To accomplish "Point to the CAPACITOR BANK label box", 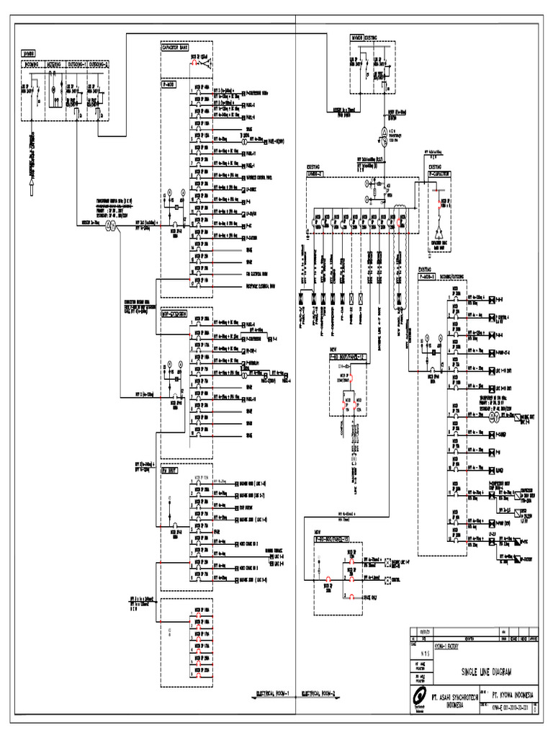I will click(x=175, y=48).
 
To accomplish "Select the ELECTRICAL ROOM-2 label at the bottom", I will click(x=323, y=694).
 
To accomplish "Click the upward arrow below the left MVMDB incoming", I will click(x=31, y=189).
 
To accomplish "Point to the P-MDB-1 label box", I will click(x=429, y=275).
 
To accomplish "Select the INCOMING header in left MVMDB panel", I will click(x=32, y=63).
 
